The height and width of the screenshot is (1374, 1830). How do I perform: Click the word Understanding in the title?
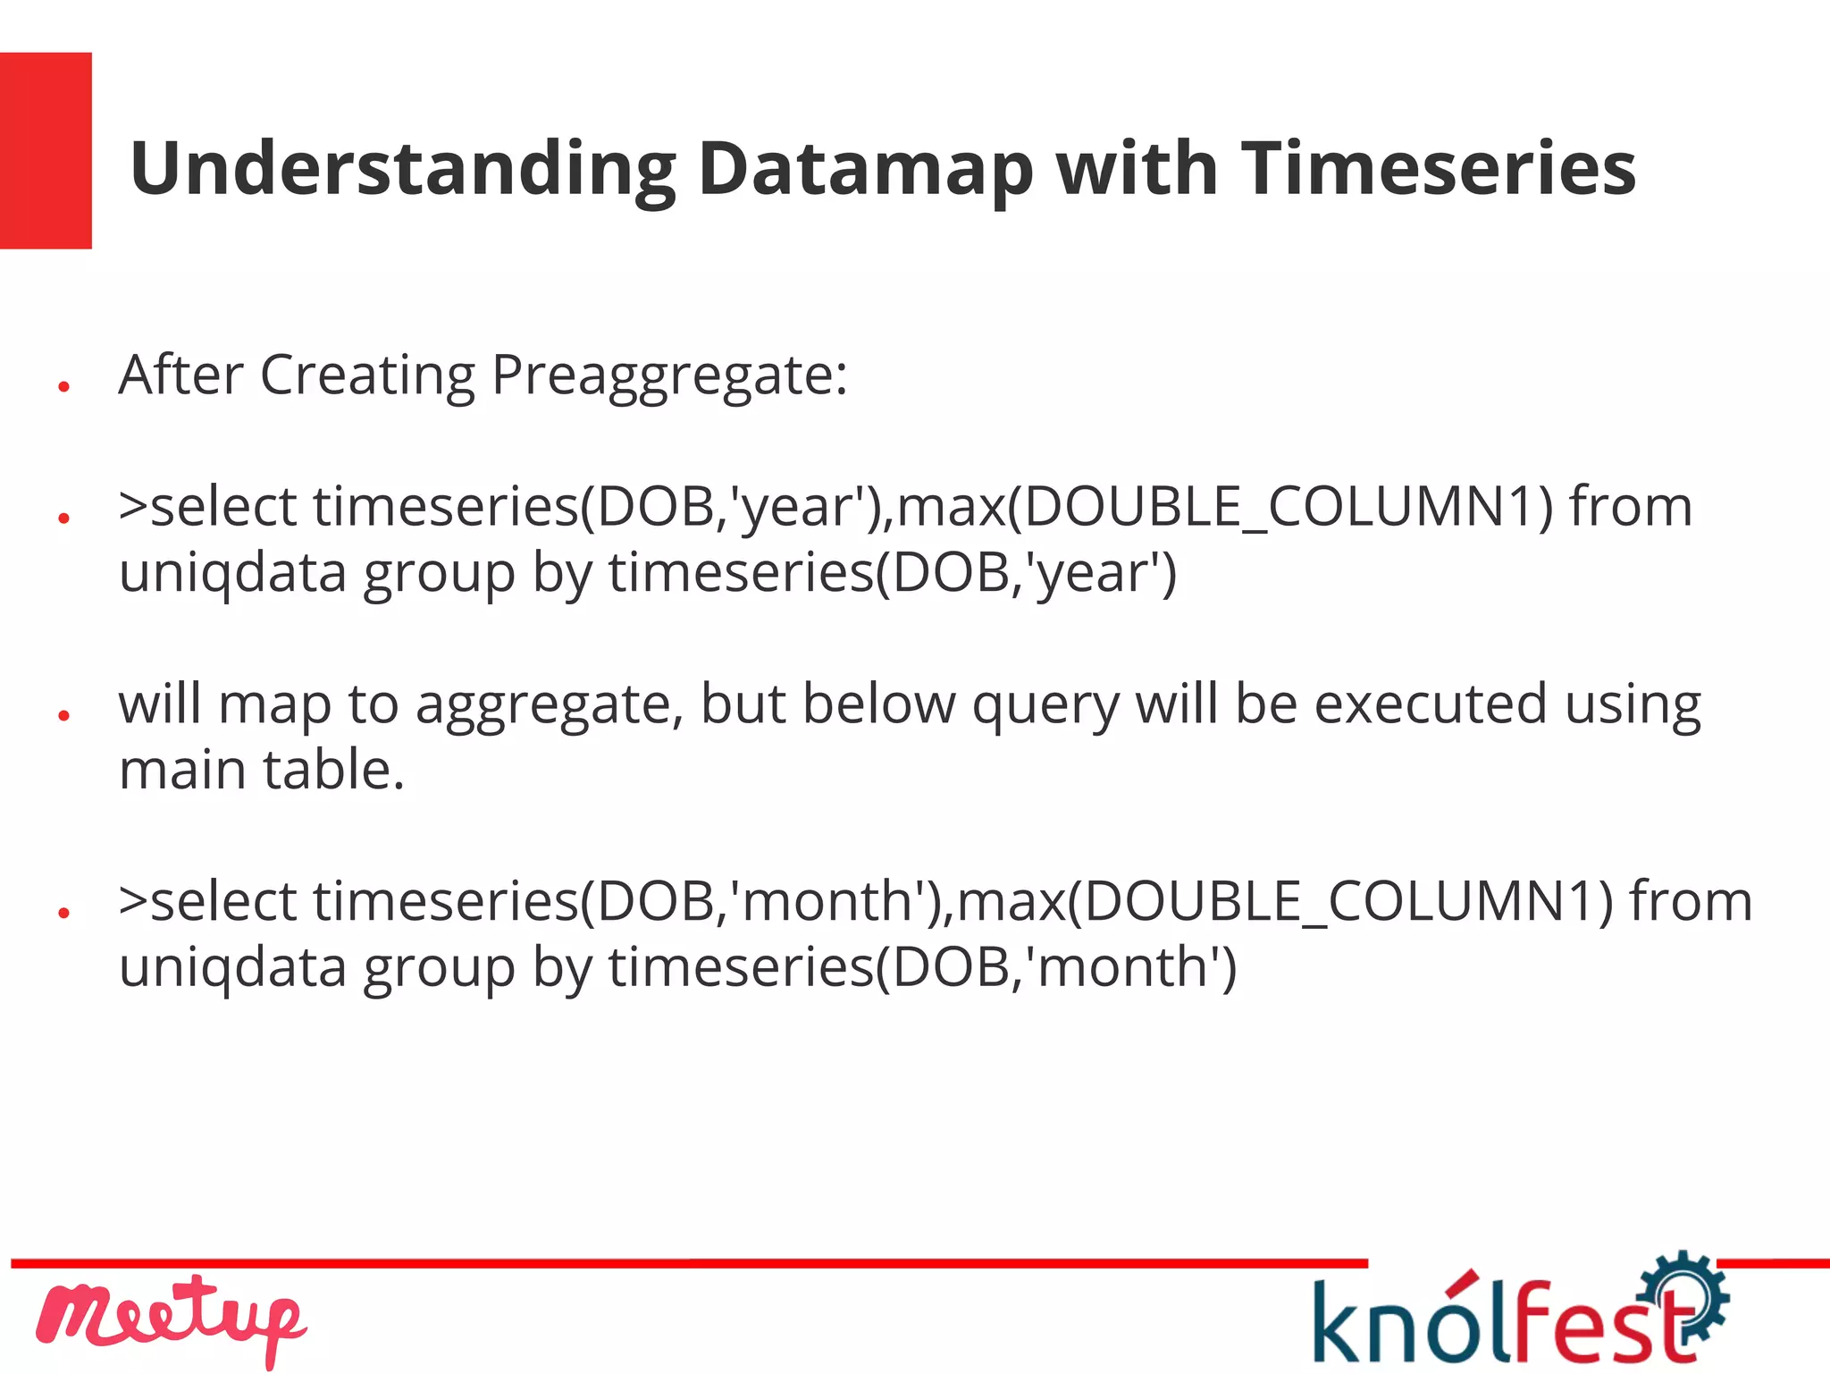[x=402, y=170]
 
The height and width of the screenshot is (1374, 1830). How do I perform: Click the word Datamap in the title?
[x=865, y=170]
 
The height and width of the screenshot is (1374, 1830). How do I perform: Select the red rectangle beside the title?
[x=46, y=150]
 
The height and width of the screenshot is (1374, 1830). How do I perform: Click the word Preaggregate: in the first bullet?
[x=669, y=375]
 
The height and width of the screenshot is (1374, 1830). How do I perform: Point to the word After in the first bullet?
[x=180, y=375]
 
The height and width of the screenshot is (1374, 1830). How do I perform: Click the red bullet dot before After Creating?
[x=63, y=386]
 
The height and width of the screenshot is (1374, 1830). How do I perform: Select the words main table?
[x=261, y=771]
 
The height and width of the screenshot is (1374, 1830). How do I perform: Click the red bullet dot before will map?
[x=63, y=715]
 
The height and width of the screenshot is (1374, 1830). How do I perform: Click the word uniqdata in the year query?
[x=232, y=574]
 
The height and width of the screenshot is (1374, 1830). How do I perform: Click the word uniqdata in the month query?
[x=232, y=968]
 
